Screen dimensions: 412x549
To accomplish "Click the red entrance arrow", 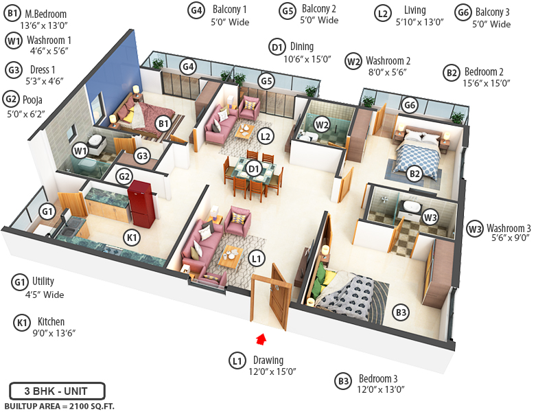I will pyautogui.click(x=260, y=337).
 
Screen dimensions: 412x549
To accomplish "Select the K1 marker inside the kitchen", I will pyautogui.click(x=132, y=238).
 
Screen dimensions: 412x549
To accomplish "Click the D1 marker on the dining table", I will pyautogui.click(x=254, y=168).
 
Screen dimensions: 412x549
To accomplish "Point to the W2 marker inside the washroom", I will pyautogui.click(x=322, y=124).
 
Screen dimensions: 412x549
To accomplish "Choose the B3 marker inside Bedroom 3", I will pyautogui.click(x=401, y=313).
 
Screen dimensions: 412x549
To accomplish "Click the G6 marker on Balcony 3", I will pyautogui.click(x=410, y=105).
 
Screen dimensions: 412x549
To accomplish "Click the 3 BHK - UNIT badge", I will pyautogui.click(x=57, y=391).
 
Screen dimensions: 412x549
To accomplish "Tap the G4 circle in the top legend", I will pyautogui.click(x=196, y=10).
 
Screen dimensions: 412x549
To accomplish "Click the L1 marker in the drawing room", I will pyautogui.click(x=256, y=259).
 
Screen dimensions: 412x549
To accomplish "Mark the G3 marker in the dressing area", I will pyautogui.click(x=142, y=156).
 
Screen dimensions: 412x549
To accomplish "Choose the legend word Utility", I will pyautogui.click(x=43, y=281).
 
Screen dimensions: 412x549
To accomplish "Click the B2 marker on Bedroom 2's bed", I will pyautogui.click(x=414, y=174).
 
